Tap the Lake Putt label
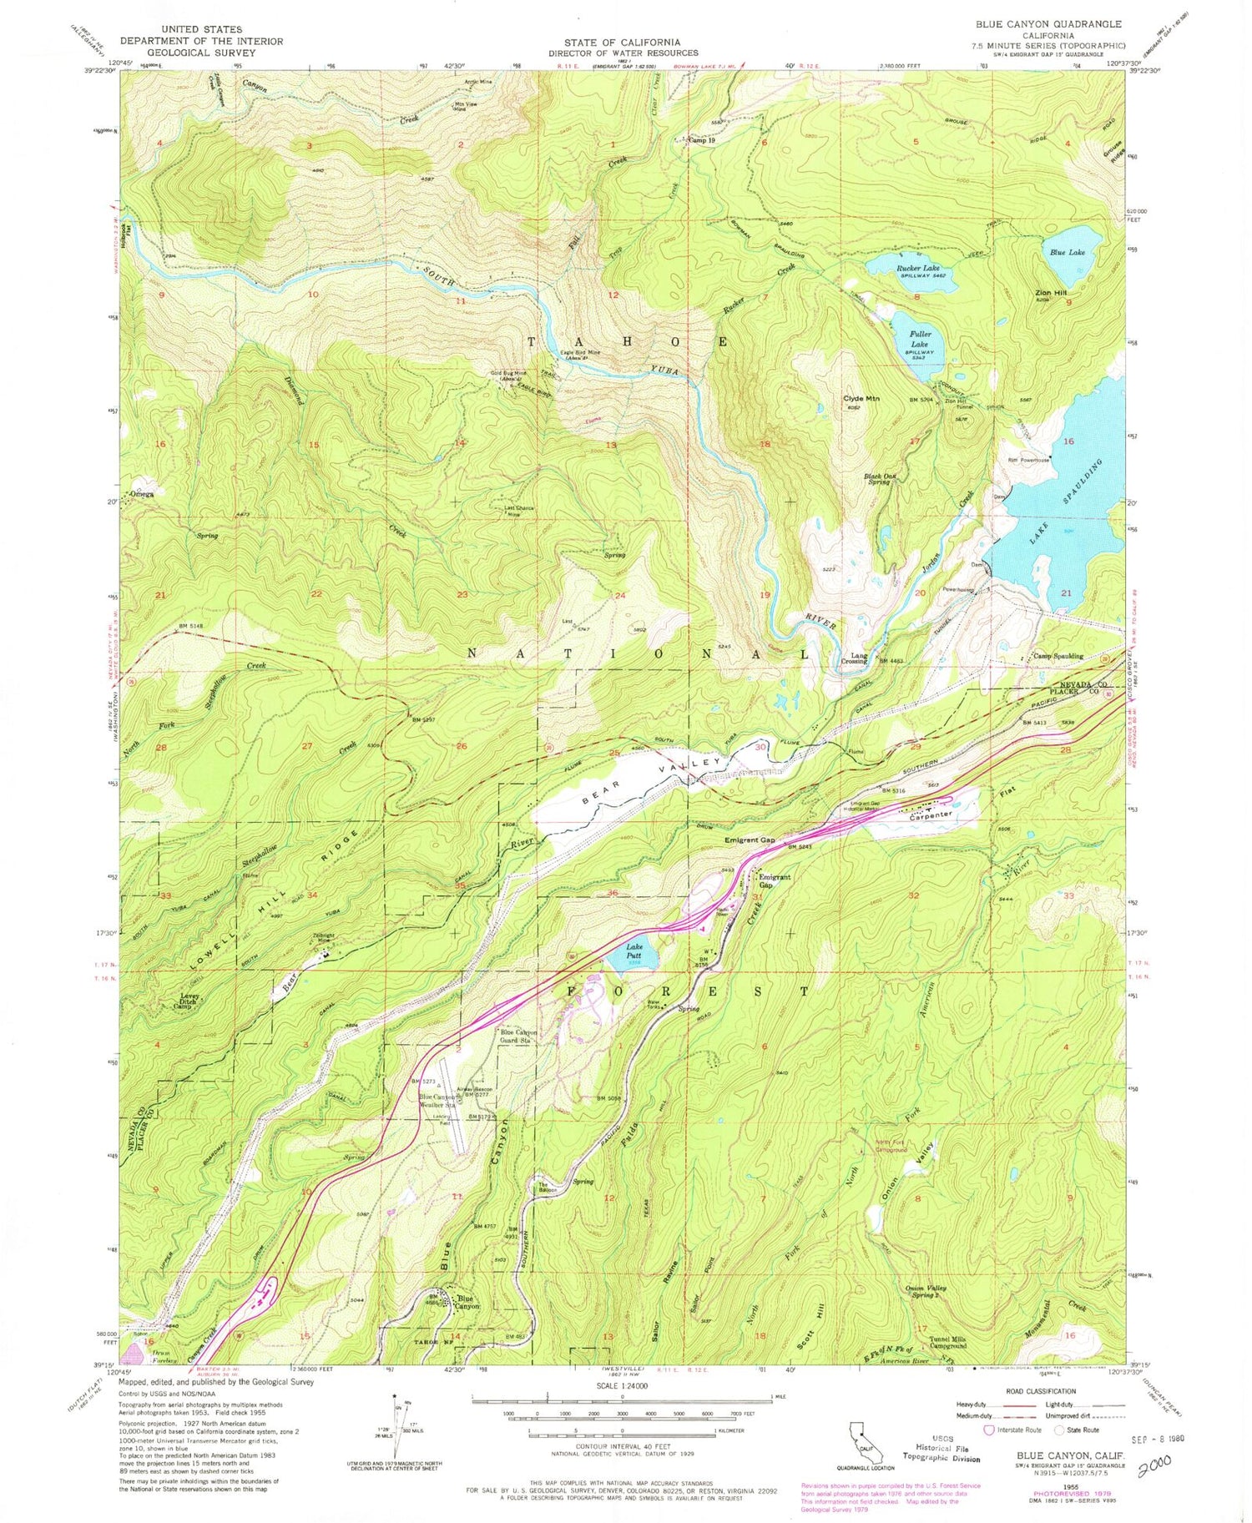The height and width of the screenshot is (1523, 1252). (635, 949)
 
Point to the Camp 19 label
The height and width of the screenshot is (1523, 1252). (700, 141)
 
